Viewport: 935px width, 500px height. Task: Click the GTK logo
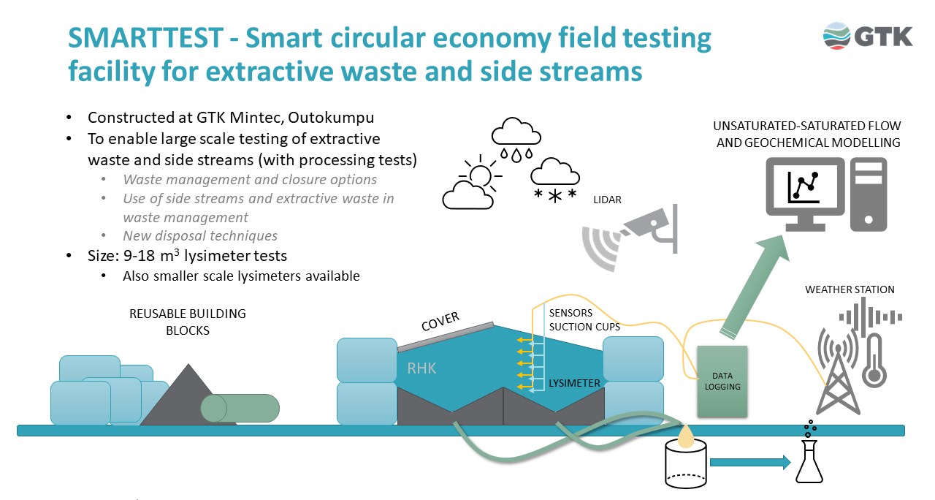click(x=867, y=36)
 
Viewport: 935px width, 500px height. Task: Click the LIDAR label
click(x=607, y=200)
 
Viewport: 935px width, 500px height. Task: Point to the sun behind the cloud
click(x=481, y=175)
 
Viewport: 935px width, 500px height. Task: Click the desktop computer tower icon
click(x=868, y=194)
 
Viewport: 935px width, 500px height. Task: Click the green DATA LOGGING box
click(x=722, y=381)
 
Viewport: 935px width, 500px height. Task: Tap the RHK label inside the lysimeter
click(x=421, y=368)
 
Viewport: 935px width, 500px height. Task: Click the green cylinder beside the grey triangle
click(x=240, y=408)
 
